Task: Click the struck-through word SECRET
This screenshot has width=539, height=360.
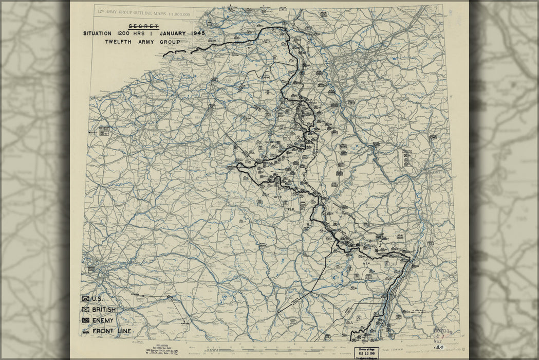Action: [x=144, y=26]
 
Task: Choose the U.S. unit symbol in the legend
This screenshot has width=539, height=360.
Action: [x=85, y=299]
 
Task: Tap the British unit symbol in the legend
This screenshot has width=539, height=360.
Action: [x=85, y=310]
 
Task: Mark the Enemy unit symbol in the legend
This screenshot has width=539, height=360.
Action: [x=85, y=320]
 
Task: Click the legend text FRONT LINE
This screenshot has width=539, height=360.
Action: [x=112, y=331]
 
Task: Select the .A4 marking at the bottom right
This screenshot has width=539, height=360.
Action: [x=438, y=347]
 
